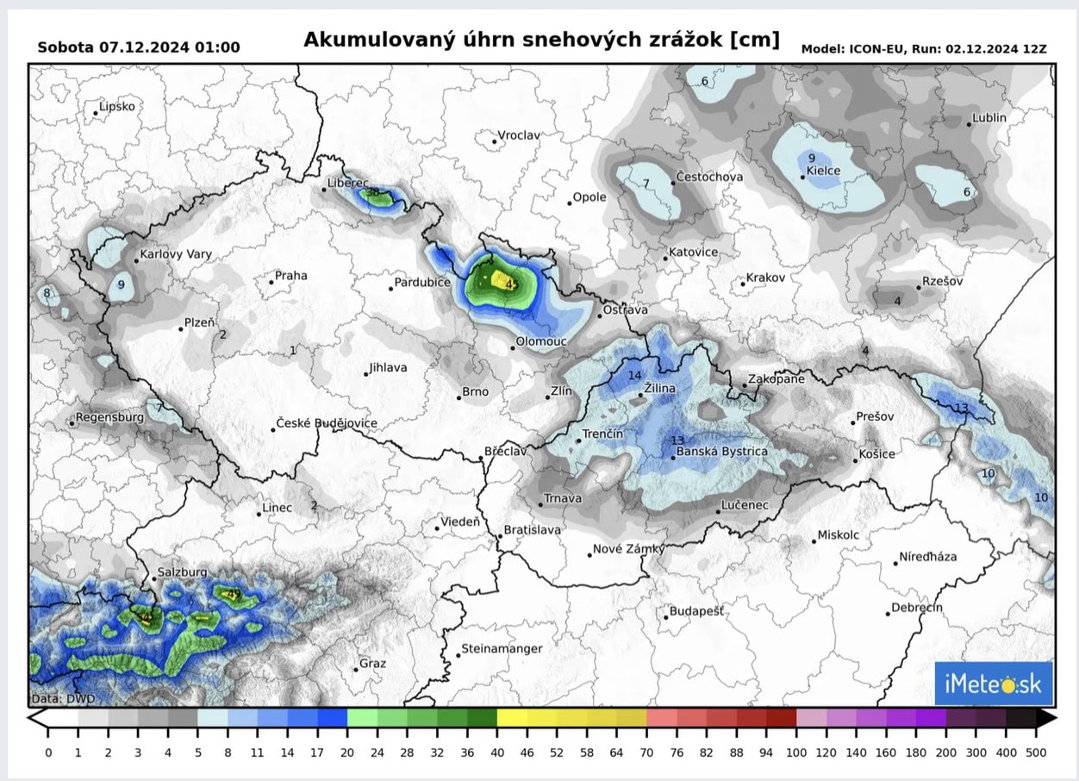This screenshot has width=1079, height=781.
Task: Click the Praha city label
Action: tap(290, 277)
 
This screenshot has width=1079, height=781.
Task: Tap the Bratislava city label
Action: tap(532, 530)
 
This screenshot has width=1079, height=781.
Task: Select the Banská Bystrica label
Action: tap(721, 452)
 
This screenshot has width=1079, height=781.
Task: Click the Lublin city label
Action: tap(989, 118)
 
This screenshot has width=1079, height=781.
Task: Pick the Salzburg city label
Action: tap(182, 572)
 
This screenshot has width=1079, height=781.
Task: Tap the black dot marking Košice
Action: tap(855, 460)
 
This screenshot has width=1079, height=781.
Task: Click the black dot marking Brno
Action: tap(458, 397)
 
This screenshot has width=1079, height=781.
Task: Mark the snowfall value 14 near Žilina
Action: tap(635, 375)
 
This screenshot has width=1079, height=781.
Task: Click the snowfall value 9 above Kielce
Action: tap(811, 158)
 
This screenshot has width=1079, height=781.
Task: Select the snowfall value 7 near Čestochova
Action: tap(646, 184)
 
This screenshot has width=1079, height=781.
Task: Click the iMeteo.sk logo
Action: tap(993, 684)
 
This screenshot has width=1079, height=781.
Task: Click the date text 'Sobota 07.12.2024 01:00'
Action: tap(139, 47)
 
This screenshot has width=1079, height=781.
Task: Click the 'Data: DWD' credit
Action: tap(63, 698)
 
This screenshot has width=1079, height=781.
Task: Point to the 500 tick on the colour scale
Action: tap(1037, 753)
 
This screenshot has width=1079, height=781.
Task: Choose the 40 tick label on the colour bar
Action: tap(497, 753)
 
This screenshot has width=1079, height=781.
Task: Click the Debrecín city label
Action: tap(917, 608)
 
